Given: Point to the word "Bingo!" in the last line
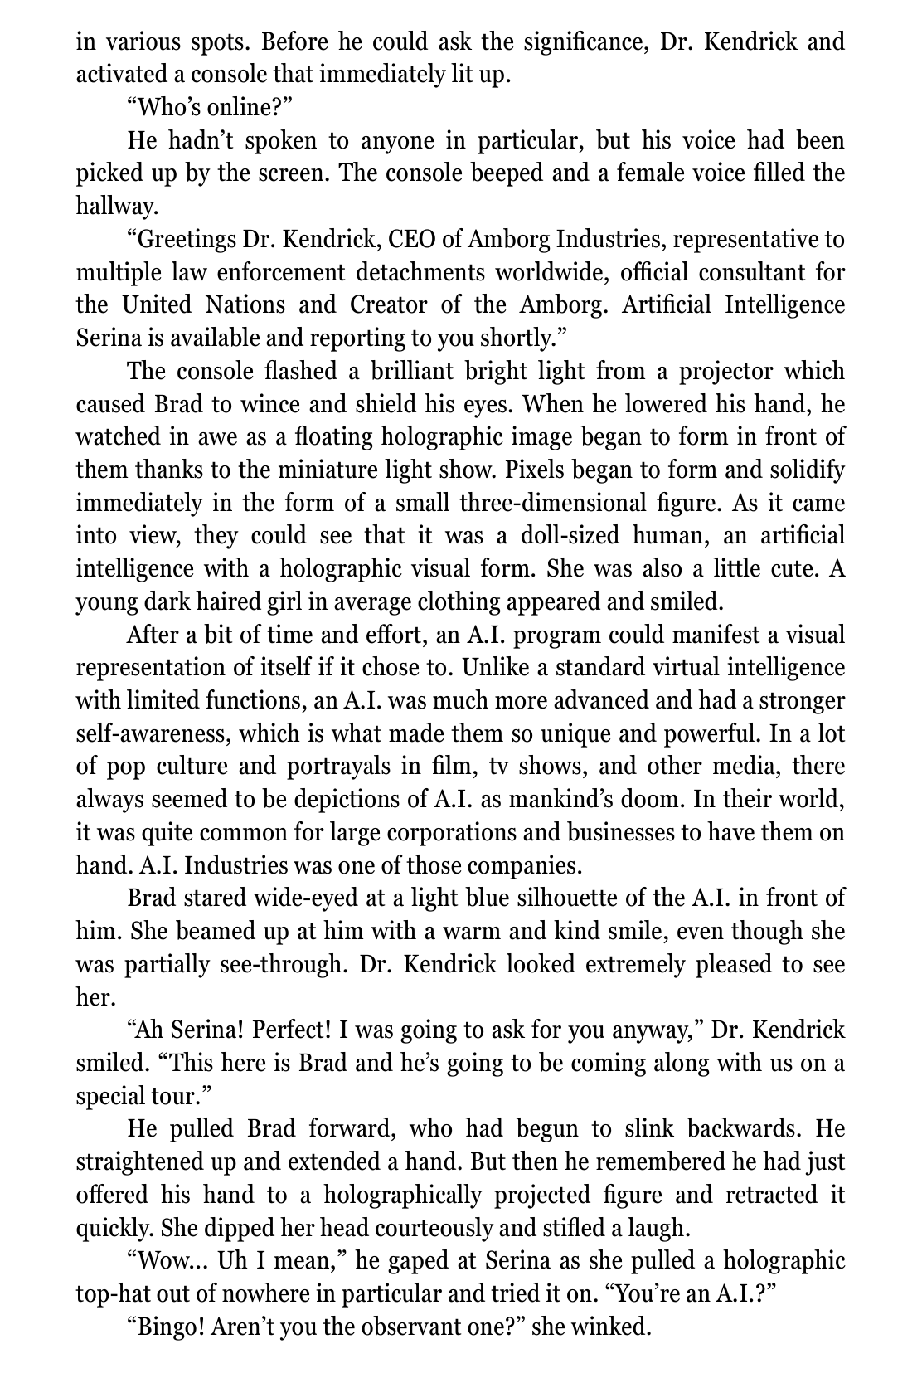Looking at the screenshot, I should point(166,1327).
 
